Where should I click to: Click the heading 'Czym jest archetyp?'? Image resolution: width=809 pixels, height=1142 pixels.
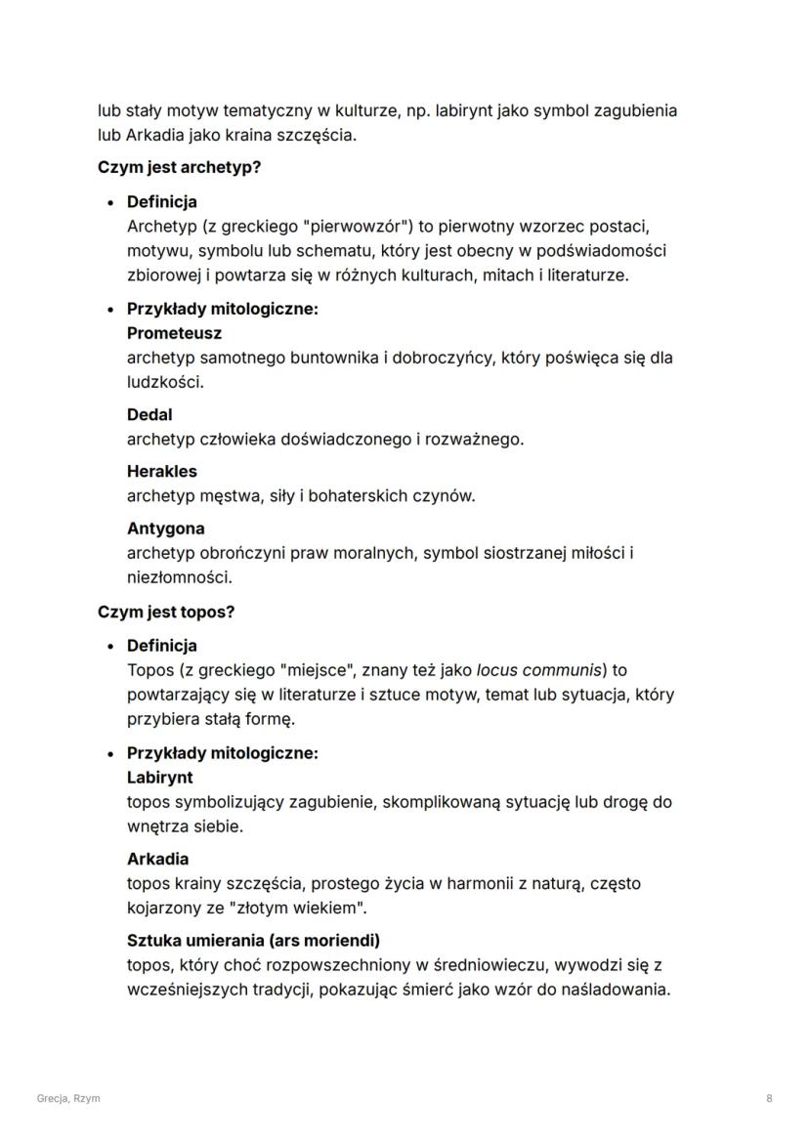(x=179, y=167)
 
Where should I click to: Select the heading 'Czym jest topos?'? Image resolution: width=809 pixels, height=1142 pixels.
(x=166, y=612)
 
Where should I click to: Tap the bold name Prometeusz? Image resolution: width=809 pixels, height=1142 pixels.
(x=174, y=333)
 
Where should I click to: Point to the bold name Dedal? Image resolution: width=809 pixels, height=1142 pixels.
(x=149, y=414)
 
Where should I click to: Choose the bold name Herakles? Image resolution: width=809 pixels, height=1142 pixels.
(x=161, y=471)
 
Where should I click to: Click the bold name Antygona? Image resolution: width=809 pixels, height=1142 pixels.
(x=165, y=529)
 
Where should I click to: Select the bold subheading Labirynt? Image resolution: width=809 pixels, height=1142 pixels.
(x=159, y=778)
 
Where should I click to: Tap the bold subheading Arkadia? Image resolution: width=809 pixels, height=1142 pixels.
(x=157, y=859)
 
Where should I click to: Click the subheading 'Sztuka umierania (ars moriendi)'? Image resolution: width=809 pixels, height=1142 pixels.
(x=253, y=941)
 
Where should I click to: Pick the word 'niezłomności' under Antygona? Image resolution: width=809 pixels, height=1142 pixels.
(x=172, y=577)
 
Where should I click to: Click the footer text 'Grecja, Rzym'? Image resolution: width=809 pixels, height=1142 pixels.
(x=68, y=1098)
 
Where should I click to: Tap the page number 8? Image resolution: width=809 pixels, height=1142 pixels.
(x=769, y=1098)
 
